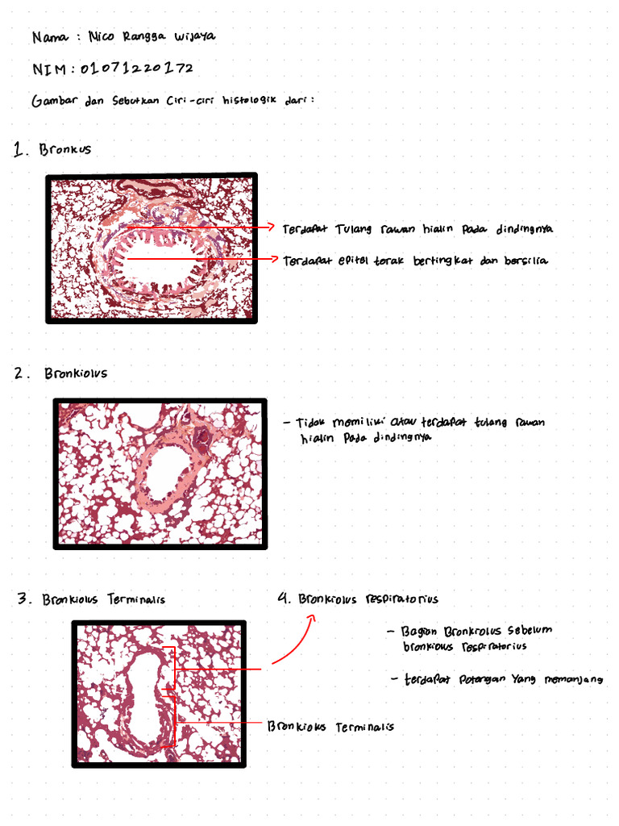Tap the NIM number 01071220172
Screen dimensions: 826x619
136,69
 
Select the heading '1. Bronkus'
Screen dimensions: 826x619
53,149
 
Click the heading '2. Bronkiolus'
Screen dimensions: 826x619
61,373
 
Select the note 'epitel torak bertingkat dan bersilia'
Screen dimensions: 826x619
414,261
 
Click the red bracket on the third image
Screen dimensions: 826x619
171,698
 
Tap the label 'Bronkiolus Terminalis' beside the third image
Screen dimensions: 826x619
330,727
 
